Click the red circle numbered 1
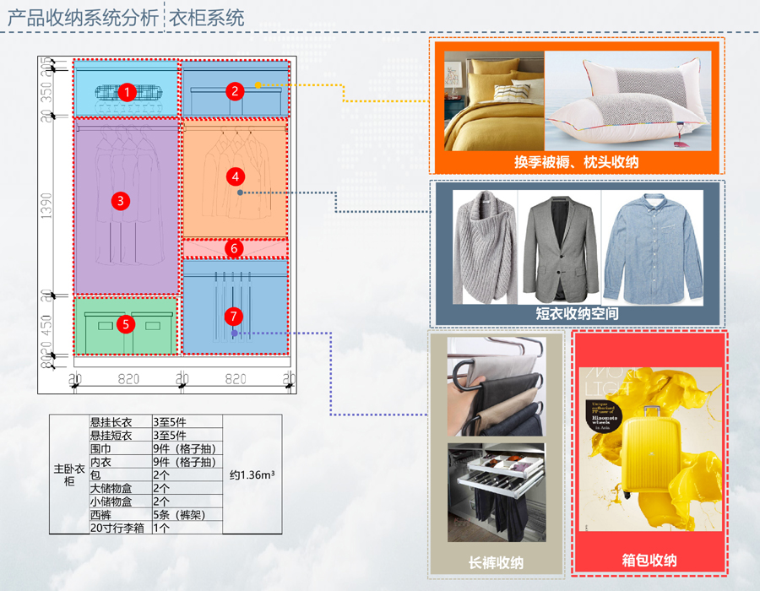pos(127,91)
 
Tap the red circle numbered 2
pos(236,90)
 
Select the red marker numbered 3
pos(122,200)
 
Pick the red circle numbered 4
pos(236,176)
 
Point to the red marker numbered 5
pos(126,323)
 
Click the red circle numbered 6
pos(236,248)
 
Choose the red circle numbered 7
pos(234,317)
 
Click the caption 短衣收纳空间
pos(577,313)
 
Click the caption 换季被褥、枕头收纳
pos(576,161)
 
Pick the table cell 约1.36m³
pos(252,474)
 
